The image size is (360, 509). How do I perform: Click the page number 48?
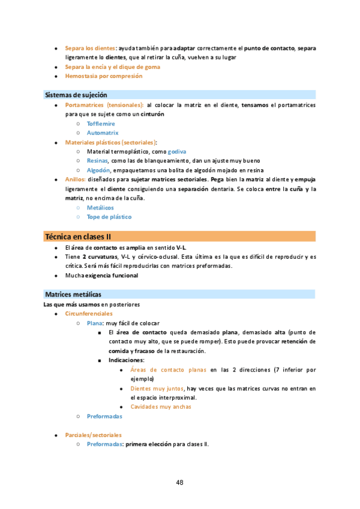pyautogui.click(x=179, y=482)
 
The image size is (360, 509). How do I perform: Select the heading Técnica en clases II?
pyautogui.click(x=78, y=236)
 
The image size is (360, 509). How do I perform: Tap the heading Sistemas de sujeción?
pyautogui.click(x=76, y=95)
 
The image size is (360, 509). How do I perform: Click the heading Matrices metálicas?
pyautogui.click(x=73, y=294)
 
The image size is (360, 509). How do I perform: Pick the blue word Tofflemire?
pyautogui.click(x=101, y=123)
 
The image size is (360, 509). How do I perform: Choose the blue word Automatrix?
pyautogui.click(x=103, y=133)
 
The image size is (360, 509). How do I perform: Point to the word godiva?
pyautogui.click(x=160, y=152)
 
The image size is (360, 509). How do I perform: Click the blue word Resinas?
pyautogui.click(x=97, y=161)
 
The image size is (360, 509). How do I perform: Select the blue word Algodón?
pyautogui.click(x=98, y=170)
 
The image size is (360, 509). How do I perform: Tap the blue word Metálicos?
pyautogui.click(x=100, y=208)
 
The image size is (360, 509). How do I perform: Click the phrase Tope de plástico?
pyautogui.click(x=109, y=217)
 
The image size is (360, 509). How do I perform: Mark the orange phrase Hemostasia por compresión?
pyautogui.click(x=104, y=76)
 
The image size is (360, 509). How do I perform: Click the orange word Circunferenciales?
pyautogui.click(x=88, y=313)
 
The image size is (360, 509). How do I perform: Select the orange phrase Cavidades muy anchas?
pyautogui.click(x=161, y=406)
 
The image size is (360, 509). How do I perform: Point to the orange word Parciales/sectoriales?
pyautogui.click(x=93, y=435)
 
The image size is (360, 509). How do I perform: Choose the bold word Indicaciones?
pyautogui.click(x=126, y=360)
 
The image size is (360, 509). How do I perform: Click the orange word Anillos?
pyautogui.click(x=75, y=179)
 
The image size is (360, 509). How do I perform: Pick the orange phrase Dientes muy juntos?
pyautogui.click(x=157, y=388)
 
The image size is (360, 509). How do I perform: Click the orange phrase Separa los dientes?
pyautogui.click(x=90, y=47)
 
